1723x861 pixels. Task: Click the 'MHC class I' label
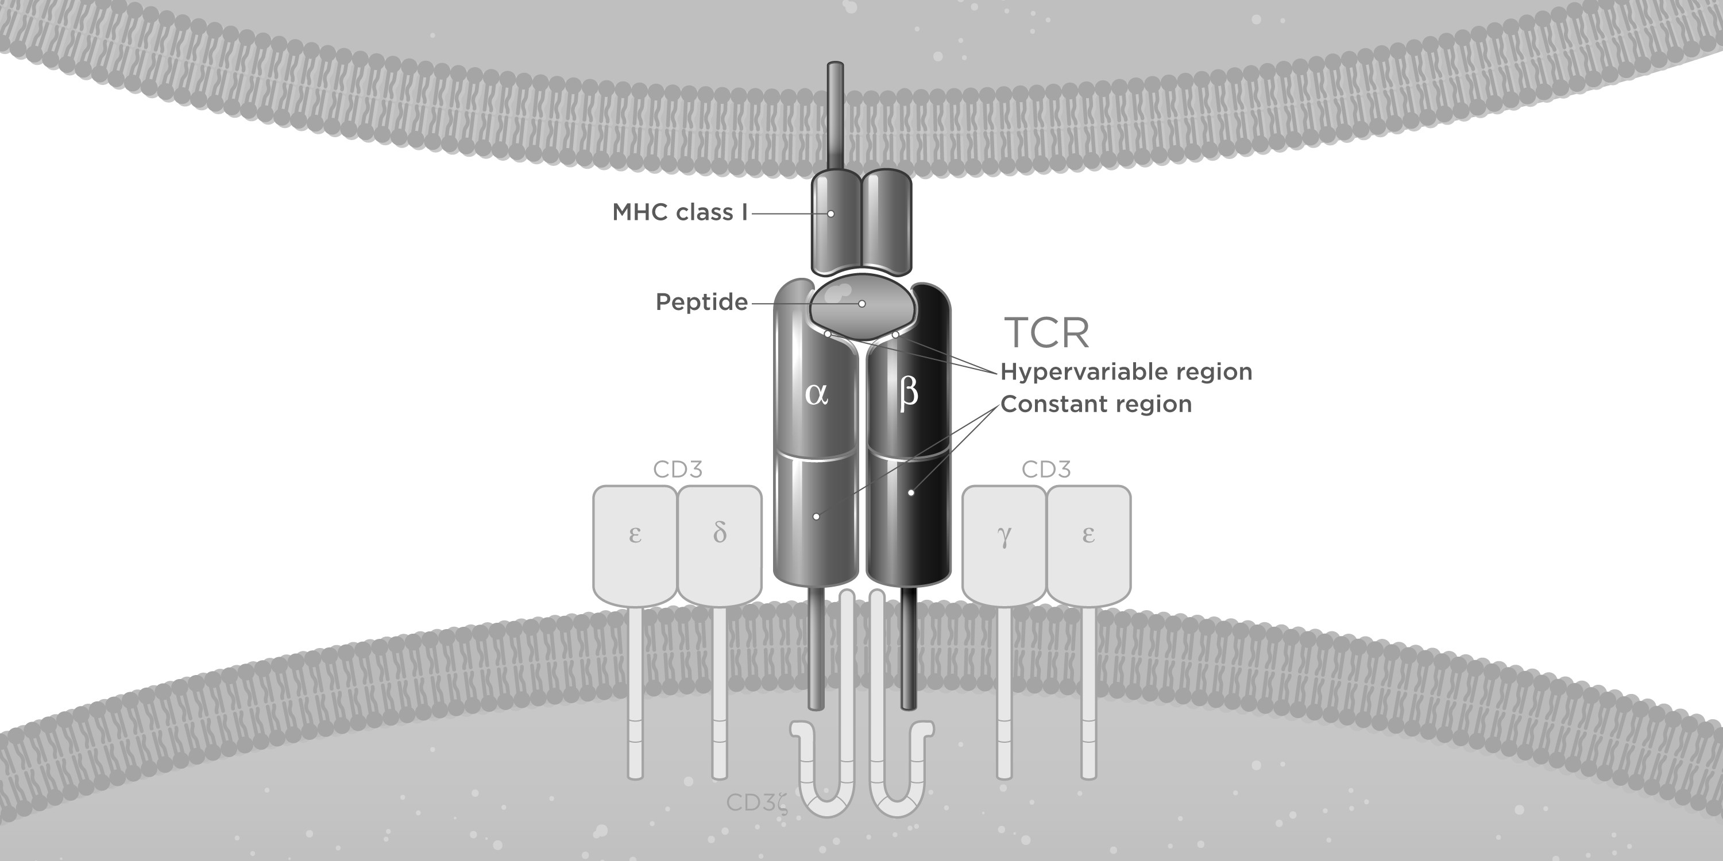coord(679,212)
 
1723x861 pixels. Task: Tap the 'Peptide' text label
coord(702,302)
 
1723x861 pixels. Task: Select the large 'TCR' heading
coord(1047,332)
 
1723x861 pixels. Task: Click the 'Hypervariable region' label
coord(1126,372)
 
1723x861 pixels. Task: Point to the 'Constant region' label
coord(1096,404)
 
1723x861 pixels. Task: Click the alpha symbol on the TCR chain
coord(817,394)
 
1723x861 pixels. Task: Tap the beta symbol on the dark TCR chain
coord(909,393)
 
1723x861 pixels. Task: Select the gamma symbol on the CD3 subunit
coord(1004,536)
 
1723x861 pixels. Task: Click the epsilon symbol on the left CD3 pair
coord(635,535)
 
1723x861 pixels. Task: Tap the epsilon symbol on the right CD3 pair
coord(1088,535)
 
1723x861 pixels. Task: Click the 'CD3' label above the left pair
coord(678,470)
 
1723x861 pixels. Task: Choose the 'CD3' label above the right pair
coord(1046,470)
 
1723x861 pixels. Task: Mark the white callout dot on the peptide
coord(862,304)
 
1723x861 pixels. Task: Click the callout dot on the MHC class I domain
coord(830,214)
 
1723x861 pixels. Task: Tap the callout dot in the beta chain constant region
coord(911,492)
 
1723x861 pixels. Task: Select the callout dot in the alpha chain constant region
coord(816,517)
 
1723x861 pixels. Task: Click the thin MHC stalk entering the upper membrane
coord(836,117)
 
